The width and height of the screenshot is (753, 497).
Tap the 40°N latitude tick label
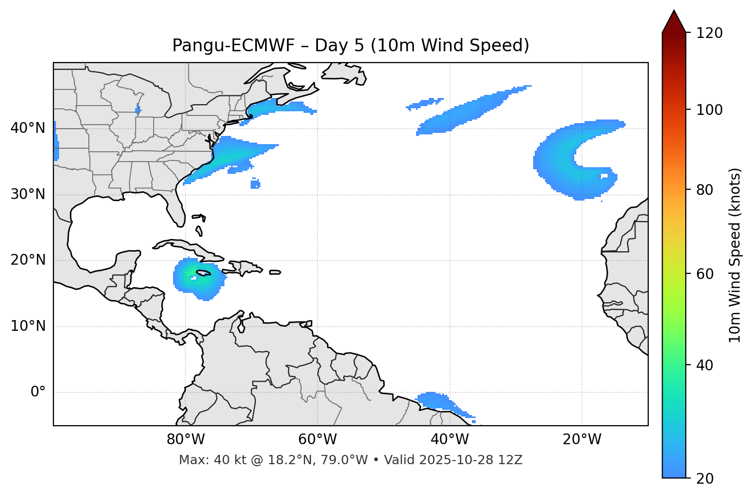(28, 128)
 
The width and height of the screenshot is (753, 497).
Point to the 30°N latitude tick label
(28, 194)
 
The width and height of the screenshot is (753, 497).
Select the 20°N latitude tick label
(28, 260)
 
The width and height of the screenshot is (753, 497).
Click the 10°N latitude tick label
(28, 326)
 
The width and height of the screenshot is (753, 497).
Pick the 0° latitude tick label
(38, 392)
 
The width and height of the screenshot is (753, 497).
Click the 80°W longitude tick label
(185, 440)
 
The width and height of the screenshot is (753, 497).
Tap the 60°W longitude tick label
(317, 440)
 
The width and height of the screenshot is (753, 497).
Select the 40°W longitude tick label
(449, 440)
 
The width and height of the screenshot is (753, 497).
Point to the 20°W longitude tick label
(581, 440)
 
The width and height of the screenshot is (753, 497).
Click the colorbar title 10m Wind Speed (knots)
(735, 255)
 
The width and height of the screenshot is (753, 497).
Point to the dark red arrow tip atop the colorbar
(674, 19)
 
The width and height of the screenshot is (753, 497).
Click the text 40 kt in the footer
(224, 460)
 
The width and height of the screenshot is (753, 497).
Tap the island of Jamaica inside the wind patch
(203, 273)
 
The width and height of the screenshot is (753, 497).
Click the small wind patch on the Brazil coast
(437, 401)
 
